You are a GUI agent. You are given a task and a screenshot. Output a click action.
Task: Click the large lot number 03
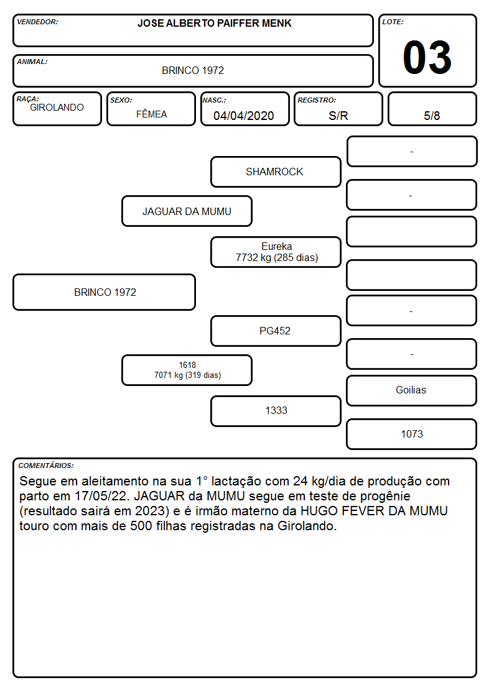pyautogui.click(x=427, y=57)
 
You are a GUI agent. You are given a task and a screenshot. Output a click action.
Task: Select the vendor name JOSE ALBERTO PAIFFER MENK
pyautogui.click(x=214, y=23)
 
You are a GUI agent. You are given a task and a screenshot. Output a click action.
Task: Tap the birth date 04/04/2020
pyautogui.click(x=244, y=116)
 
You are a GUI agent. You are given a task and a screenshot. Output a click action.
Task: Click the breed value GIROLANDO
pyautogui.click(x=57, y=108)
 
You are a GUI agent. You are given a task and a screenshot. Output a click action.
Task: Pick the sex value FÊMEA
pyautogui.click(x=151, y=114)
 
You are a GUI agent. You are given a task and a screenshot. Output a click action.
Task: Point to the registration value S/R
pyautogui.click(x=338, y=116)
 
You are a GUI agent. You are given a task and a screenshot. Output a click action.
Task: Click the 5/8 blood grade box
pyautogui.click(x=432, y=109)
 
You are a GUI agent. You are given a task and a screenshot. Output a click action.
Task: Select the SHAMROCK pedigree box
pyautogui.click(x=276, y=172)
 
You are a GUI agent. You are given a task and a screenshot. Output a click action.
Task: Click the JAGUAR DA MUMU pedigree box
pyautogui.click(x=187, y=211)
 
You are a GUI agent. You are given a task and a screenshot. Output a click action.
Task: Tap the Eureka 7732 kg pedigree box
pyautogui.click(x=276, y=252)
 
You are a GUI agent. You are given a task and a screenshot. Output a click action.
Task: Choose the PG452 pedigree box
pyautogui.click(x=276, y=331)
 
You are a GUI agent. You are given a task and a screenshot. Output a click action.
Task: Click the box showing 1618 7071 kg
pyautogui.click(x=187, y=370)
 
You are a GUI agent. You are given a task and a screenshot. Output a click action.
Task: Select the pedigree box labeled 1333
pyautogui.click(x=276, y=411)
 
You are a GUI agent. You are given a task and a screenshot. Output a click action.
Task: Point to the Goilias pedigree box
pyautogui.click(x=412, y=390)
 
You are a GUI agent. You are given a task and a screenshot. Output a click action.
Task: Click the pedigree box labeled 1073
pyautogui.click(x=412, y=434)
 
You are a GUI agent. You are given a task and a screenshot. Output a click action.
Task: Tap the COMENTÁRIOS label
pyautogui.click(x=46, y=466)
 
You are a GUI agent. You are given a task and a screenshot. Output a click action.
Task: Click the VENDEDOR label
pyautogui.click(x=37, y=22)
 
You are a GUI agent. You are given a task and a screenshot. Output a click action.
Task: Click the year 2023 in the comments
pyautogui.click(x=150, y=511)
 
